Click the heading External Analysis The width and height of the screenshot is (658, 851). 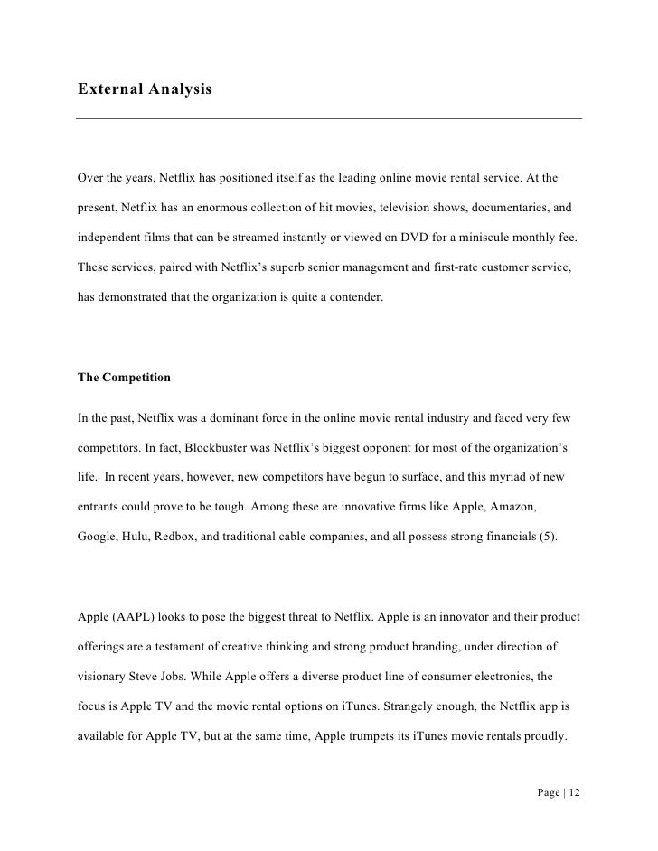[x=145, y=89]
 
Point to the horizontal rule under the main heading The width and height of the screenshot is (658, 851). [x=329, y=118]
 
